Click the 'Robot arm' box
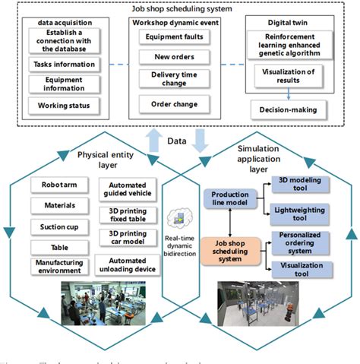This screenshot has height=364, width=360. coord(58,184)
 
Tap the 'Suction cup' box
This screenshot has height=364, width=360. coord(58,226)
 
